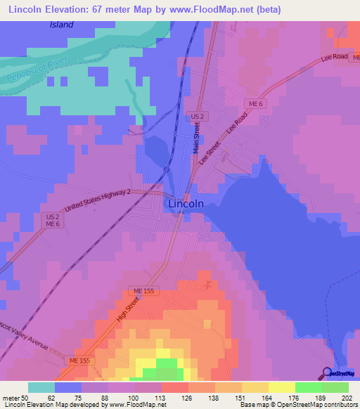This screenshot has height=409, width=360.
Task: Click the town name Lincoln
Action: tap(187, 204)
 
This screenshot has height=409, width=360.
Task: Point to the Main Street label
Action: tap(198, 138)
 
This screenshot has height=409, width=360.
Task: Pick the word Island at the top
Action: tap(61, 25)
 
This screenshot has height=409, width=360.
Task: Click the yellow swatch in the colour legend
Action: tap(281, 387)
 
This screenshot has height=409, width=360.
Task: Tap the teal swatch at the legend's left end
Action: tap(41, 387)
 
